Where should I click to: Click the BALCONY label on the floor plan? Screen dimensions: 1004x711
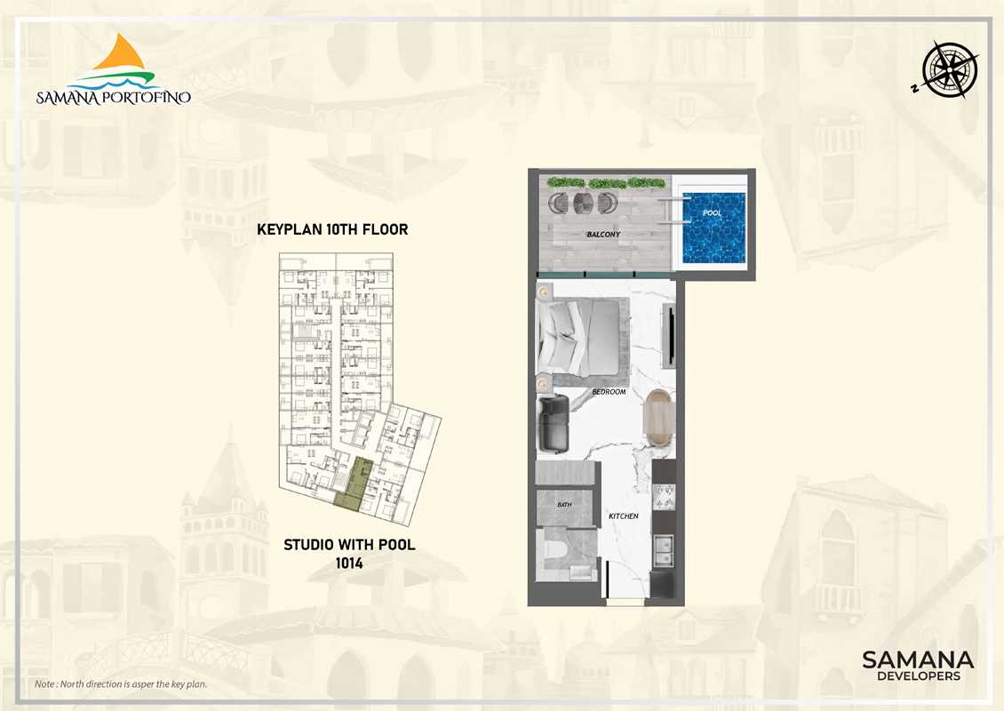603,235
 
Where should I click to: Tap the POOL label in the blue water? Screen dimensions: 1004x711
712,212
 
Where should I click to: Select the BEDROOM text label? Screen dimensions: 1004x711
609,391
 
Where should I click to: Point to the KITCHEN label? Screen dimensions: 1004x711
623,515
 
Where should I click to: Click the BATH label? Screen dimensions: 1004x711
564,505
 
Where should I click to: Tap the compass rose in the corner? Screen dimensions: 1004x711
949,70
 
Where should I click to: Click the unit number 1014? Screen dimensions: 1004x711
349,563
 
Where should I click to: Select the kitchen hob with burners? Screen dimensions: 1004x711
664,497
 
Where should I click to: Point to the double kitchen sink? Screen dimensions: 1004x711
664,550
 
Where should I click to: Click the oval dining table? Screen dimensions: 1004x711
658,419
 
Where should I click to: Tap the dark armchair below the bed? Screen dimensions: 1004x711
554,423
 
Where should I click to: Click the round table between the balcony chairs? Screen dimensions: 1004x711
583,203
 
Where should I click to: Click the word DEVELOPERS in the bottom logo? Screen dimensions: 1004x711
918,675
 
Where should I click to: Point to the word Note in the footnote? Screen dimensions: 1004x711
44,684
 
